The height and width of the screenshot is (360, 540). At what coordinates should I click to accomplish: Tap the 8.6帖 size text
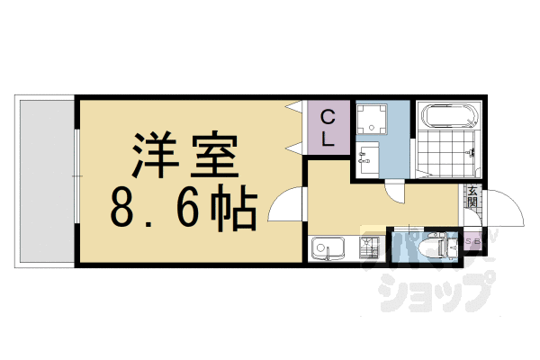(184, 210)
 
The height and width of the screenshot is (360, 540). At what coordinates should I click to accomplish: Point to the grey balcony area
(45, 180)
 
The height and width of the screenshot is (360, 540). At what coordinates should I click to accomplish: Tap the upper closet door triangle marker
(293, 109)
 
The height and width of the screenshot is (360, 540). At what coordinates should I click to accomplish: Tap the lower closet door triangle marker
(293, 145)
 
